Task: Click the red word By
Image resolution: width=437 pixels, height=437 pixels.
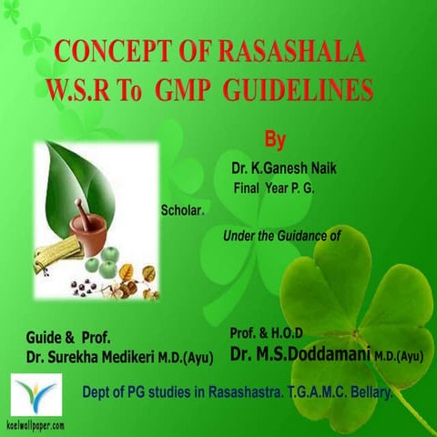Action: click(x=274, y=140)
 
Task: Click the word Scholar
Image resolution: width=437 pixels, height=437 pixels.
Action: click(x=183, y=208)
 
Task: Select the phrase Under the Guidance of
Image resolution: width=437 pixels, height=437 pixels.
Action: click(x=281, y=235)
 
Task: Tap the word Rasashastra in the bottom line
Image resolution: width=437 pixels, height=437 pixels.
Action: click(x=229, y=392)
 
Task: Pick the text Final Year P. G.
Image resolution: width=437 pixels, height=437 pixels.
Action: click(x=276, y=188)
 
